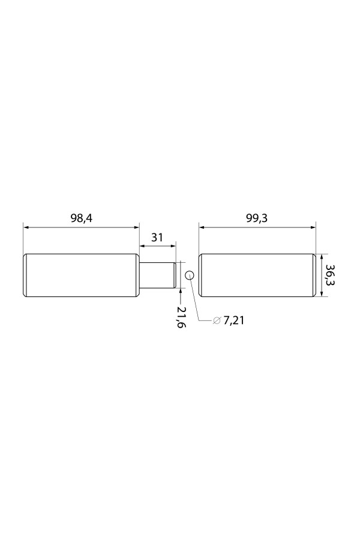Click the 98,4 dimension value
click(x=82, y=218)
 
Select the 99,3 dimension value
click(x=257, y=218)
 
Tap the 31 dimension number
click(x=157, y=237)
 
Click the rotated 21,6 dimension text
click(x=180, y=317)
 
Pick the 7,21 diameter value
click(x=234, y=320)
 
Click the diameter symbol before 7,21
click(x=217, y=320)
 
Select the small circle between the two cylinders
click(x=190, y=275)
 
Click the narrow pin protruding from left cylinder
click(x=158, y=275)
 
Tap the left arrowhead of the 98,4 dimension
click(x=26, y=227)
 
